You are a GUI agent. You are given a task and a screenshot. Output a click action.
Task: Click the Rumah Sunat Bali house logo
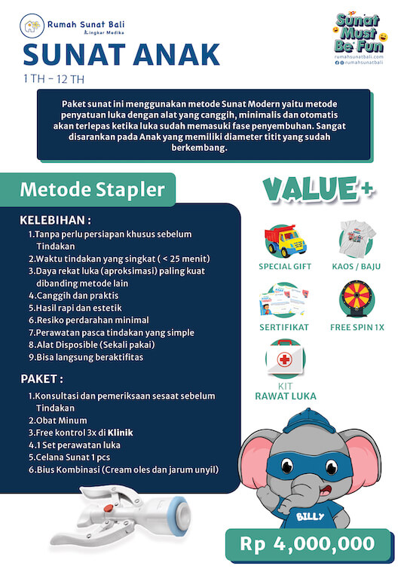[x=31, y=27]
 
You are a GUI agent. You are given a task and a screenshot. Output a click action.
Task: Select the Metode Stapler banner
[x=91, y=189]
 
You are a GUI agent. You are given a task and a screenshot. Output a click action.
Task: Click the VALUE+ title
[x=318, y=190]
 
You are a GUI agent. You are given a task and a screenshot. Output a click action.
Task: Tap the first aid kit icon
[x=285, y=361]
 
